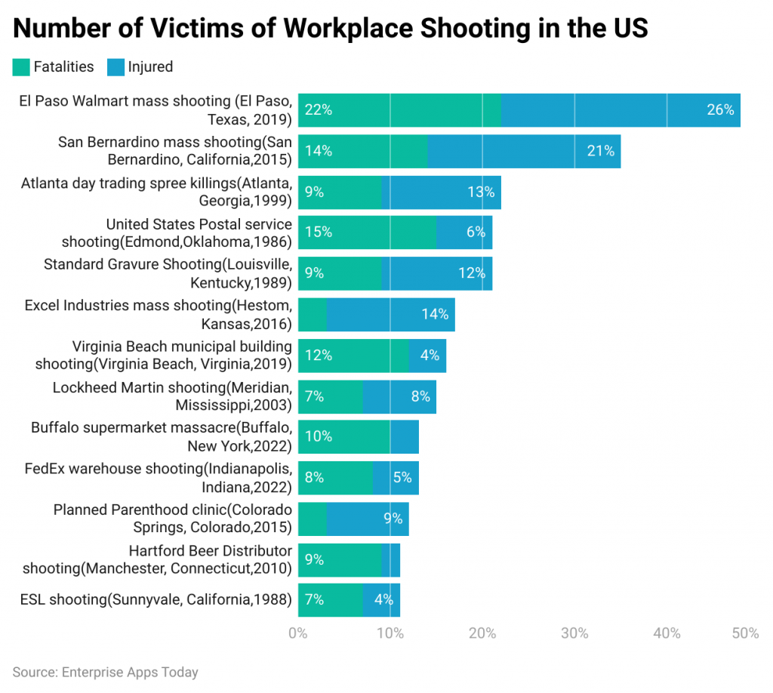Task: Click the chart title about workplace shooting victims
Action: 331,28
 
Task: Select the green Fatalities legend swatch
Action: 20,67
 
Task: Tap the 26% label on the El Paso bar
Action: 719,110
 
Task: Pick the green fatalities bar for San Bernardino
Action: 362,151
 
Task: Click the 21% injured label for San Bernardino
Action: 600,151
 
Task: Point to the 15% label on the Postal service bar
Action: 318,233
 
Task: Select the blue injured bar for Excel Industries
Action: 390,314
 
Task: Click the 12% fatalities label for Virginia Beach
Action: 318,355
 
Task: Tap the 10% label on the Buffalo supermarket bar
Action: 318,436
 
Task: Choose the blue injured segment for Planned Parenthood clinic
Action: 367,519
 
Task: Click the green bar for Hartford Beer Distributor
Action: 340,559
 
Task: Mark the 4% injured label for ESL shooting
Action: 383,600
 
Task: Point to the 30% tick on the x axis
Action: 574,633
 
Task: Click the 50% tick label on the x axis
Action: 744,633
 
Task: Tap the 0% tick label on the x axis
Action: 298,633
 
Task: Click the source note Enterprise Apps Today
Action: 105,672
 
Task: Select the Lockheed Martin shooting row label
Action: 171,396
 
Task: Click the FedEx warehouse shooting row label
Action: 158,477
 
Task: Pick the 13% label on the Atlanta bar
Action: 480,192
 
